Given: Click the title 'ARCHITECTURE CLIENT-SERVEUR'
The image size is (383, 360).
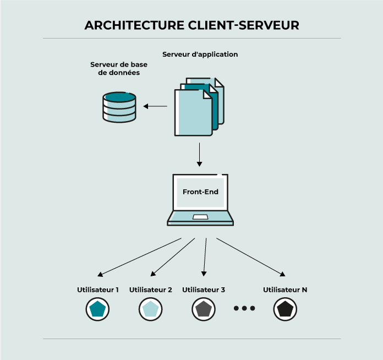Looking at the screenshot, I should (191, 25).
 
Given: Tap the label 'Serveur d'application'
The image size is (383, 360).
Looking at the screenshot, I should (200, 54).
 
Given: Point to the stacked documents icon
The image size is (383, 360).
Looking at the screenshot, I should (199, 107).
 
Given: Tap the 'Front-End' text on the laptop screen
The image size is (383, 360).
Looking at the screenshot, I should (200, 192).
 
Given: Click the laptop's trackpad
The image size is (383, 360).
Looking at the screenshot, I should (200, 217).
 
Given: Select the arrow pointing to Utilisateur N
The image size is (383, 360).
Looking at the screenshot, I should (250, 257).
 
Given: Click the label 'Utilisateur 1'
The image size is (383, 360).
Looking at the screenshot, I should (98, 290).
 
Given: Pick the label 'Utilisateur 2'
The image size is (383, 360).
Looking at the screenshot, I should (151, 290).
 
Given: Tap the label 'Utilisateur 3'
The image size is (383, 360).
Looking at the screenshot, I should (204, 290).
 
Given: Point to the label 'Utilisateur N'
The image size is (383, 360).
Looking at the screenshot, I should (285, 290).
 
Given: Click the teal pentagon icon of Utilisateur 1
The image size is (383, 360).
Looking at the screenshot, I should (97, 309).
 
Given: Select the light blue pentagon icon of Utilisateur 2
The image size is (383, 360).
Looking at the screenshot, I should (150, 309).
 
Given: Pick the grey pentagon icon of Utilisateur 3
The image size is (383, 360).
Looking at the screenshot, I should (203, 309).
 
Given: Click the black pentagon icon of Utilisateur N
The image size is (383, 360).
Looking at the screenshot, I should (285, 309).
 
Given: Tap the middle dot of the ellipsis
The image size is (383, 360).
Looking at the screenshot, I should (244, 309).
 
